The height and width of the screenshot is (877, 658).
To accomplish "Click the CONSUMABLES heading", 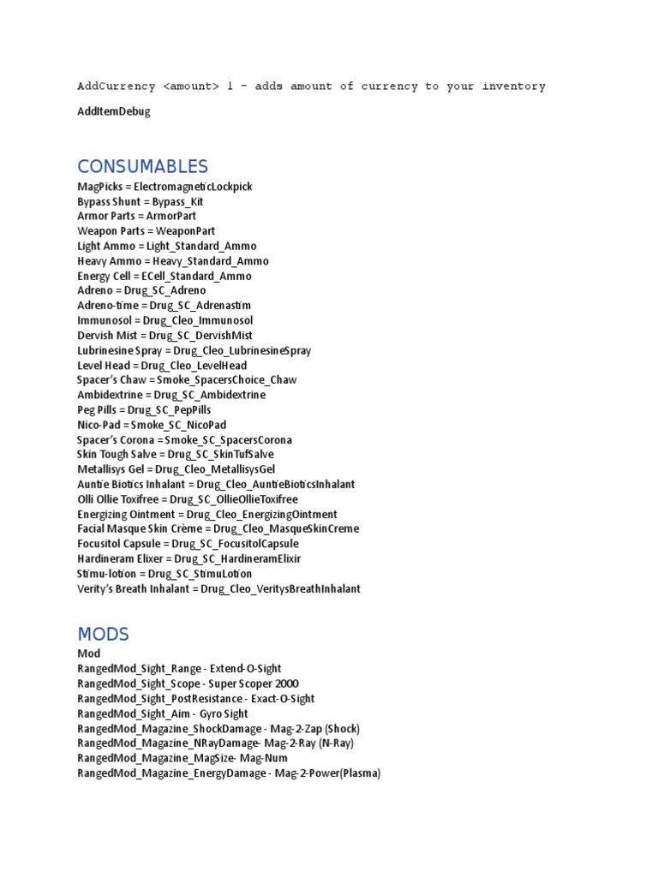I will [142, 166].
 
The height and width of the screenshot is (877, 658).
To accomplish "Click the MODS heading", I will [103, 635].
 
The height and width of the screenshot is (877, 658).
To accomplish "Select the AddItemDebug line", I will [113, 111].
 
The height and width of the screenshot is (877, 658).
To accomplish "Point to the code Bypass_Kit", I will [177, 201].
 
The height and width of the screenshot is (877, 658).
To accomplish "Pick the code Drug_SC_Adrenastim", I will [200, 306].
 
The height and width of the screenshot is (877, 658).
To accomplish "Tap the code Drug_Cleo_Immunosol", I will [198, 320].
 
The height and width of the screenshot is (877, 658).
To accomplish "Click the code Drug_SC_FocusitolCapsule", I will [236, 544].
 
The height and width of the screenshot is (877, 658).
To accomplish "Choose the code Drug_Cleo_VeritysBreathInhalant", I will [281, 589].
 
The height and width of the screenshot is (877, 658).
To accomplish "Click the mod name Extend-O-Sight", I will [246, 669].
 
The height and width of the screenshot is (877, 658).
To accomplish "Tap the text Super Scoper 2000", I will [254, 683].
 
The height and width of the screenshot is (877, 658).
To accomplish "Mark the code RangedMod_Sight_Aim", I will [134, 713].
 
